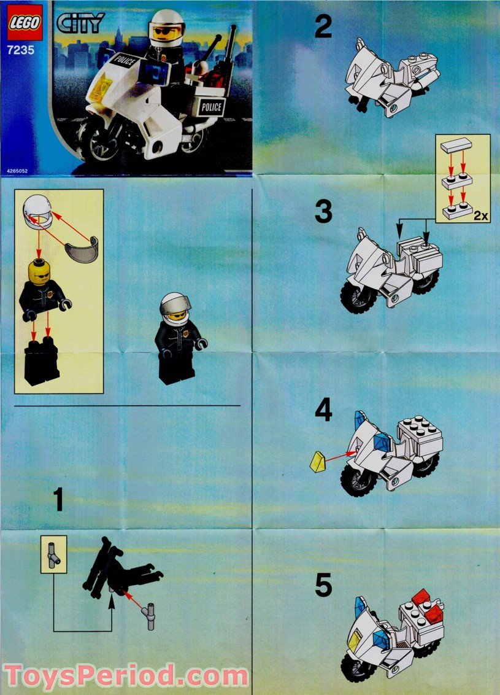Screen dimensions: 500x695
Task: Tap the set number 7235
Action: (x=21, y=50)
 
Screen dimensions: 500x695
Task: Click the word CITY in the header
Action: (x=80, y=23)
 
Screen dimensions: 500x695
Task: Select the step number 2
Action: (x=323, y=26)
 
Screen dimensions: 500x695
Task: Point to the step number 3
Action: (x=323, y=212)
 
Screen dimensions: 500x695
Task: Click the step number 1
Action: (x=58, y=500)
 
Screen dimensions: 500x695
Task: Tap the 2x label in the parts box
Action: (x=480, y=216)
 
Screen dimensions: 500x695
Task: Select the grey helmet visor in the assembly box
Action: (x=82, y=250)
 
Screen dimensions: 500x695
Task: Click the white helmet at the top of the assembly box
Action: (x=37, y=212)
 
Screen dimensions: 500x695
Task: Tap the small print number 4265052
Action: (x=17, y=171)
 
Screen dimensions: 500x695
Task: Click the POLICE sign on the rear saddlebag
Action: (x=211, y=107)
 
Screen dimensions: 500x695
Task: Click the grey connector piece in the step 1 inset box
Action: (x=53, y=554)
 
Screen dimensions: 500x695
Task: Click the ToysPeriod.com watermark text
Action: (x=126, y=677)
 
